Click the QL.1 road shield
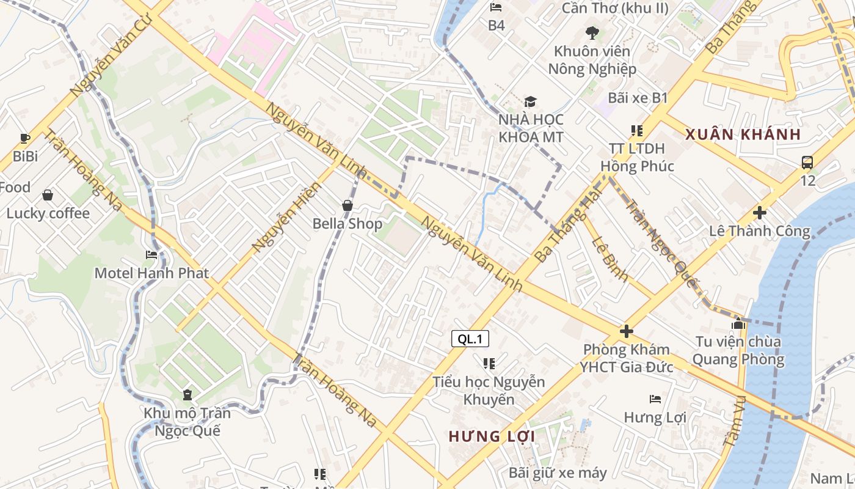click(470, 339)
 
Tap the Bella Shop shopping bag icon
click(347, 205)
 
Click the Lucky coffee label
click(48, 213)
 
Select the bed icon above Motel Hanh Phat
click(151, 254)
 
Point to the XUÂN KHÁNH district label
click(743, 134)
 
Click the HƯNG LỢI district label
click(492, 436)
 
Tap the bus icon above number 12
click(807, 163)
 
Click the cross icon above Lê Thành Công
click(760, 213)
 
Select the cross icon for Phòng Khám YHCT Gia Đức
click(627, 331)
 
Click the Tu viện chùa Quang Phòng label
click(738, 350)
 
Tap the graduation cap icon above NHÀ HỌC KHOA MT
click(530, 101)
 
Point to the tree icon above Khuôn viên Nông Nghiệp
click(592, 33)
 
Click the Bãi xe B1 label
click(638, 98)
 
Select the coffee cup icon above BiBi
click(25, 138)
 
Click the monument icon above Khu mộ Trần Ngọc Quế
click(187, 394)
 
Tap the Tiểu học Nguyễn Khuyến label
click(489, 391)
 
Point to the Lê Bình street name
click(609, 259)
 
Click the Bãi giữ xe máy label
click(558, 472)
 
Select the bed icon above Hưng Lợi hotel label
click(655, 399)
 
